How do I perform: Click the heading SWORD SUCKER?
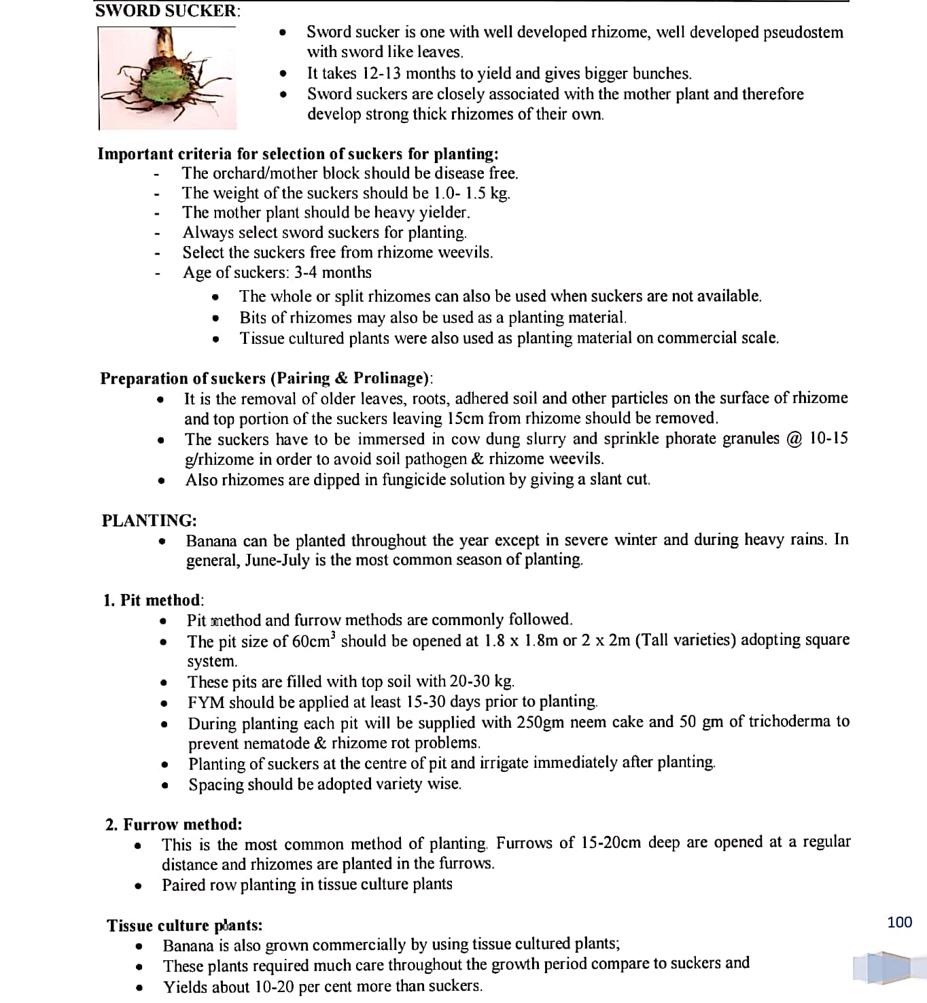coord(167,11)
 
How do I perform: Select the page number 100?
coord(899,922)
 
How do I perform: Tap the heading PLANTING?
coord(149,521)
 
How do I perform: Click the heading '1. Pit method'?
coord(153,600)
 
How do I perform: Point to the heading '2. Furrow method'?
coord(173,824)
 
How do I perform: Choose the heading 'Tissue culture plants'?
coord(184,925)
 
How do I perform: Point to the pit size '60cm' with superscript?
coord(313,641)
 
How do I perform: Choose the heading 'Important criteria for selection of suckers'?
coord(297,154)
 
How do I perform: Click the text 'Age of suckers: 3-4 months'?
coord(277,272)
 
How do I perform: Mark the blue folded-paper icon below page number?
coord(882,968)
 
